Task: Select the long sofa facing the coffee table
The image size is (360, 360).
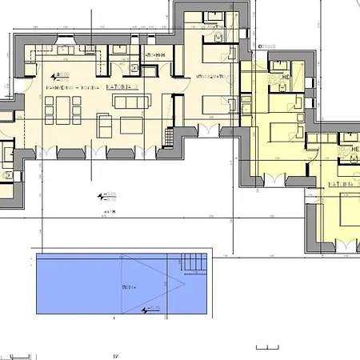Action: coord(135,102)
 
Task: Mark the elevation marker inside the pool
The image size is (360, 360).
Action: coord(149,307)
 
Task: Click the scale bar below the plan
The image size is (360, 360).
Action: coord(268,347)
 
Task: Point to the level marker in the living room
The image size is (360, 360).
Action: coord(58,75)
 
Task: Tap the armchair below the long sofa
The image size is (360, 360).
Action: coord(105,125)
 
